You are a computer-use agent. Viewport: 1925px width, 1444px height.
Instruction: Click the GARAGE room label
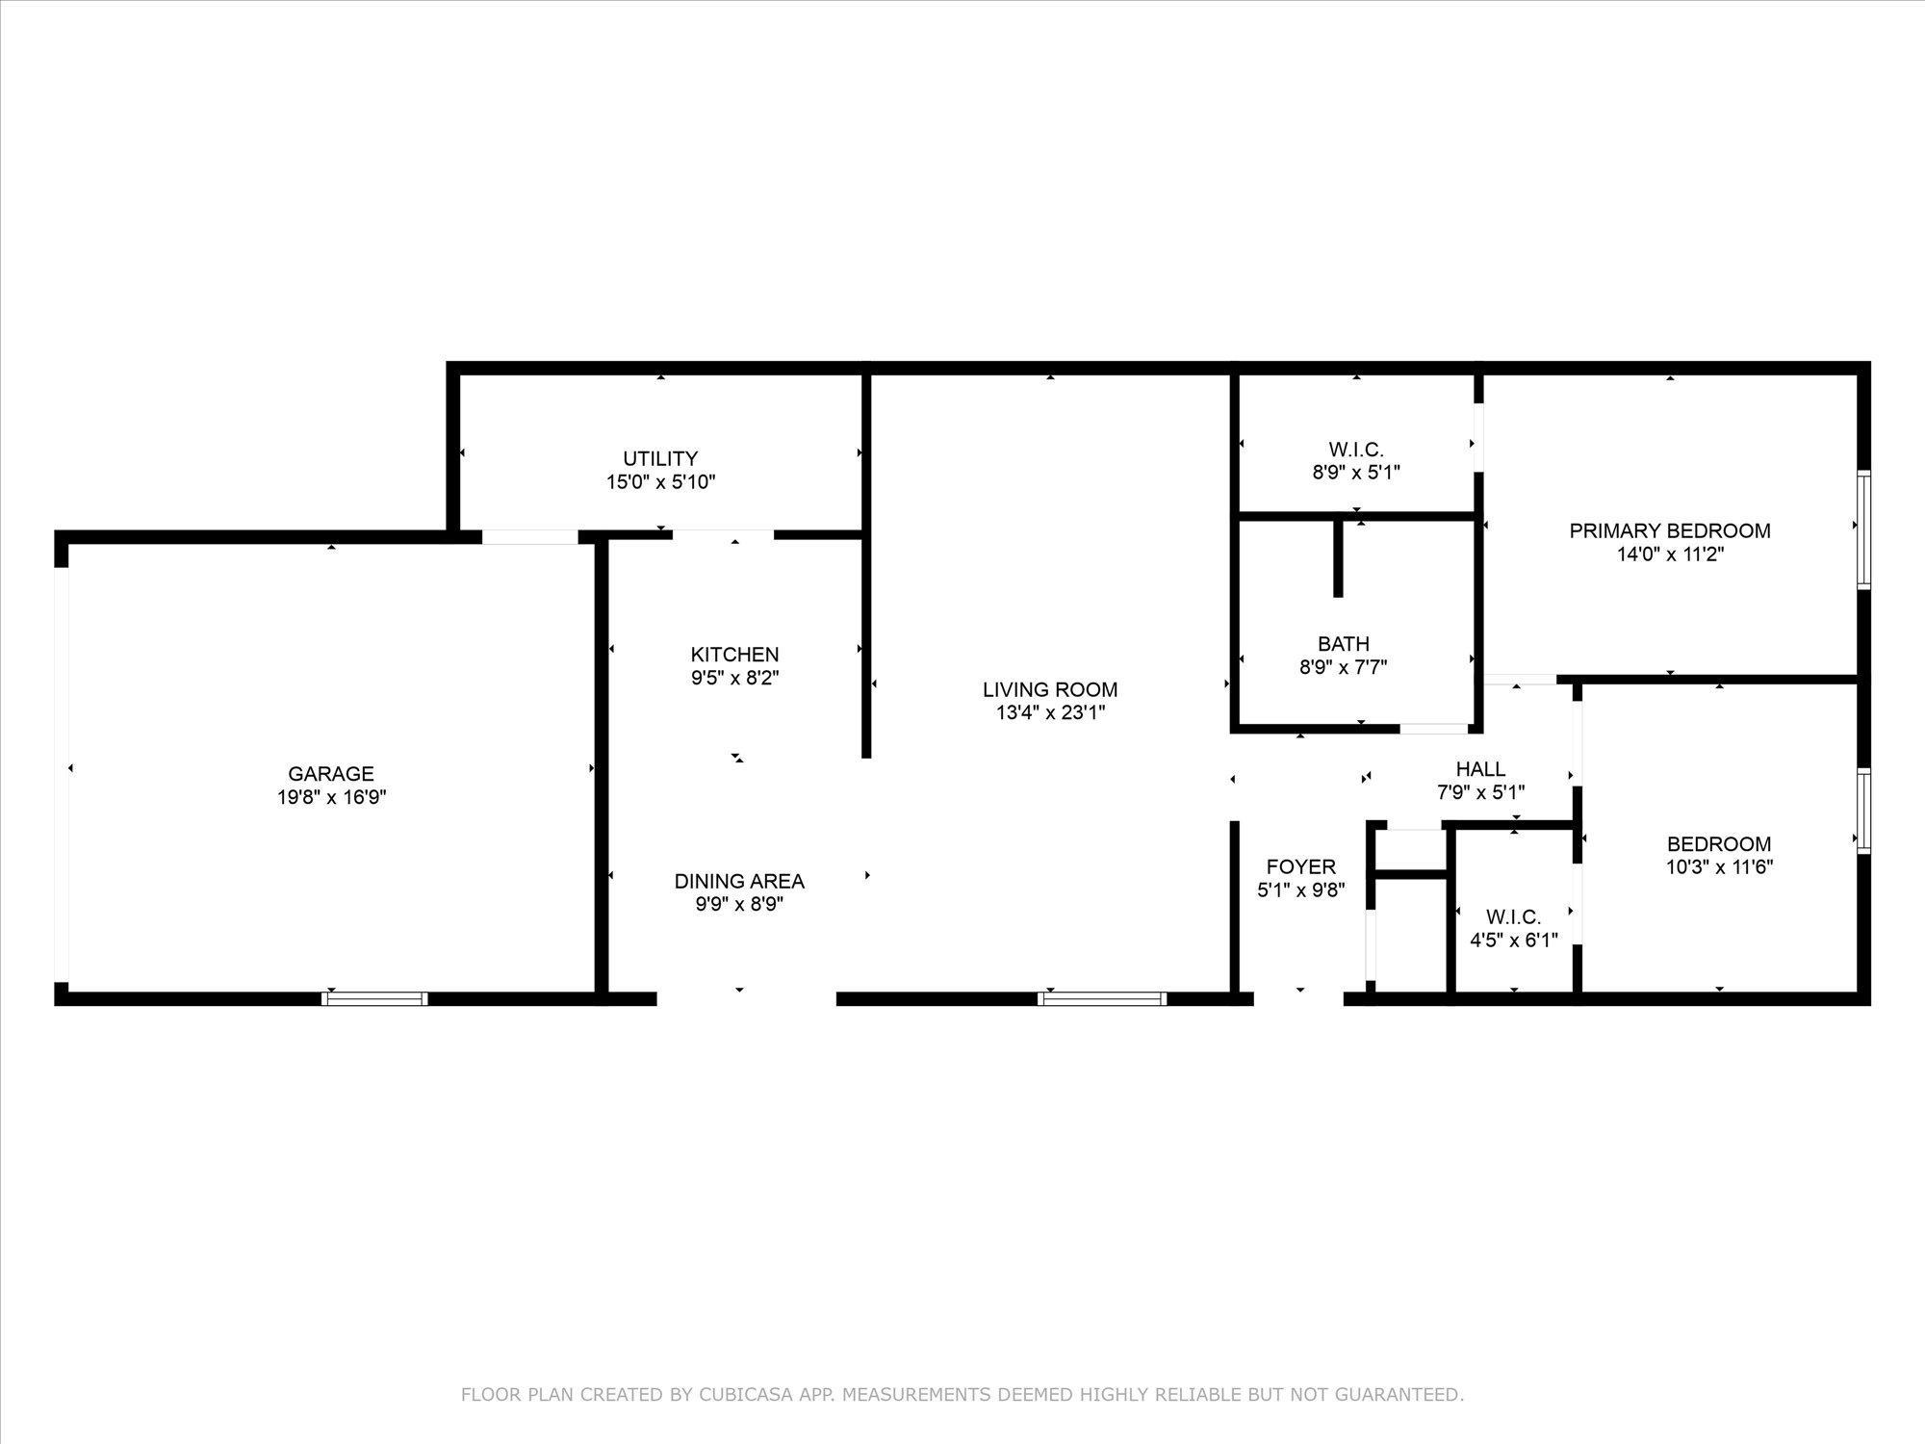(x=331, y=773)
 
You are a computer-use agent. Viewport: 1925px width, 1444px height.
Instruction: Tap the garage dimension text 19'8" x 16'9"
(x=331, y=797)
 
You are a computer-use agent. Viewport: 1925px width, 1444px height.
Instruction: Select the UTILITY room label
(x=660, y=458)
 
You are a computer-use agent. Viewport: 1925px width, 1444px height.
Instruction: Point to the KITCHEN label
(x=734, y=655)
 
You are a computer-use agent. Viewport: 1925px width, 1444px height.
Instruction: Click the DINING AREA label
(x=739, y=881)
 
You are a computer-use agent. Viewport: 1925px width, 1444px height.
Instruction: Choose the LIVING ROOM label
(x=1050, y=689)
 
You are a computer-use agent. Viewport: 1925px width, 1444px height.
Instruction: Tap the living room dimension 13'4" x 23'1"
(x=1050, y=713)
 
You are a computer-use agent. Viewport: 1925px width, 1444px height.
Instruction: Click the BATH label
(x=1344, y=643)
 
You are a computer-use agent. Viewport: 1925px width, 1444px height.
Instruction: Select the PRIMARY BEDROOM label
(x=1670, y=530)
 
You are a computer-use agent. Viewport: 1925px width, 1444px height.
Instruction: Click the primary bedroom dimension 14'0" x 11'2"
(x=1670, y=554)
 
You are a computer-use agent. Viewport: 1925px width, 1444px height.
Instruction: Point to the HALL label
(x=1480, y=769)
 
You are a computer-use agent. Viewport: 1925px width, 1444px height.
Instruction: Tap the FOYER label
(x=1300, y=866)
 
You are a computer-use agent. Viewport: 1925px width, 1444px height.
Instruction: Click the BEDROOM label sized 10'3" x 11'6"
(x=1719, y=844)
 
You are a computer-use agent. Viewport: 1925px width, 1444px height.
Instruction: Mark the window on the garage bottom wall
(x=374, y=998)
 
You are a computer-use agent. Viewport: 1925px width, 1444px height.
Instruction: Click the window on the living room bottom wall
(x=1103, y=998)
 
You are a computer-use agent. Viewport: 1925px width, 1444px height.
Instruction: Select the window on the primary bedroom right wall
(x=1863, y=529)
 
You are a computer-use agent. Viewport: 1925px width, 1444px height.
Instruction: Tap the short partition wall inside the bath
(x=1337, y=558)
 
